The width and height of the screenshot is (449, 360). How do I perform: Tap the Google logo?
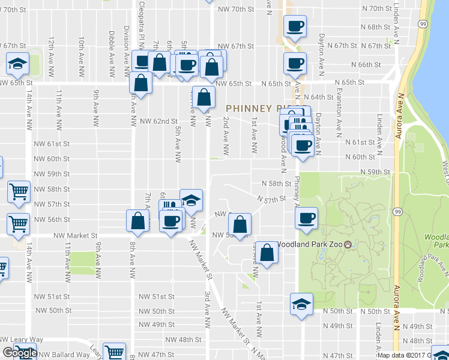[19, 353]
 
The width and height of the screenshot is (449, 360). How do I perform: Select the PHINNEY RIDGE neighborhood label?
[258, 109]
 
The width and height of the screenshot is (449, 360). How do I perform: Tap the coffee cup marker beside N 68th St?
[295, 25]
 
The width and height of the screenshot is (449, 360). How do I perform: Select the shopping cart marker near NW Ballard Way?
[114, 352]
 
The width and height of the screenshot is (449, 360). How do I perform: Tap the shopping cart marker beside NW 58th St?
[19, 192]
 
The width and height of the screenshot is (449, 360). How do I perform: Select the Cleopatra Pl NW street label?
[142, 24]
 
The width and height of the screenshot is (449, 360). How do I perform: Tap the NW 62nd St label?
[158, 121]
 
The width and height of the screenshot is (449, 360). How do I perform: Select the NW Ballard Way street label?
[67, 355]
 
